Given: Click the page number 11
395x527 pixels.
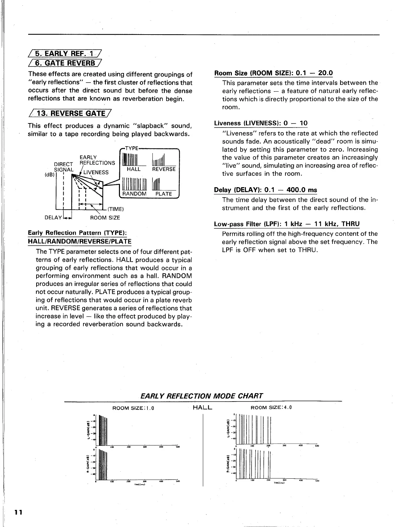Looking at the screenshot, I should (x=18, y=512).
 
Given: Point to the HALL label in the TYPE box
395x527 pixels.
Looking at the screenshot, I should (x=134, y=169).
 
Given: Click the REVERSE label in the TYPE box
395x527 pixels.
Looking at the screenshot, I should (x=164, y=169).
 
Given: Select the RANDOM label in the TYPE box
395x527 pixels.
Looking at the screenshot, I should (x=134, y=194).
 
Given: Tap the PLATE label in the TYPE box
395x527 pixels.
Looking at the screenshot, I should (x=164, y=194).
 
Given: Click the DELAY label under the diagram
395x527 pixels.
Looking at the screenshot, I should (x=54, y=217).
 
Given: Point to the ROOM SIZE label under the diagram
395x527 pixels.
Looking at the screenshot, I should (x=105, y=217).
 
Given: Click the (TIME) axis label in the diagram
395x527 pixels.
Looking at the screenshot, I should (x=116, y=209).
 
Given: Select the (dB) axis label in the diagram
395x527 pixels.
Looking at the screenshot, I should (x=50, y=174).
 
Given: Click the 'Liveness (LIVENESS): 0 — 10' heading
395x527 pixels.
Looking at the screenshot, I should (x=261, y=123).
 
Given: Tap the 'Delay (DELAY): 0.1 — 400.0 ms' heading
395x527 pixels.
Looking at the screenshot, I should (x=265, y=190).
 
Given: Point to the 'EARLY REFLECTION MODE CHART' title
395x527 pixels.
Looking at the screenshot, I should (x=202, y=396).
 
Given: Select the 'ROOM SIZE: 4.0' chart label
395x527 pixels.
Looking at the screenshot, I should (x=271, y=408).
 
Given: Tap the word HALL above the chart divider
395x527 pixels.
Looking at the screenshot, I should (x=203, y=408).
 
